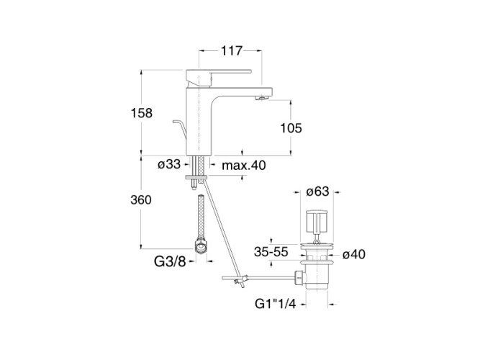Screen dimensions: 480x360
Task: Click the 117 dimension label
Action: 232,51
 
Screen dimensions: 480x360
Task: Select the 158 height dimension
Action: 142,113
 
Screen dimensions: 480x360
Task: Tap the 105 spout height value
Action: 291,128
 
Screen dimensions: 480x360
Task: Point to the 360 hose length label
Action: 141,199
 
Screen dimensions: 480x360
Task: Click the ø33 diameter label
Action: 169,164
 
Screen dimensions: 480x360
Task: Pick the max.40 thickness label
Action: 244,166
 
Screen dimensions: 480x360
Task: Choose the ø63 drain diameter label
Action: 318,192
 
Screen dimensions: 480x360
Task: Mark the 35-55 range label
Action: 271,252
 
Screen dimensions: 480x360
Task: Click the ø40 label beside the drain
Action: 354,254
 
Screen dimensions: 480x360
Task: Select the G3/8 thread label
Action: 170,261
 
